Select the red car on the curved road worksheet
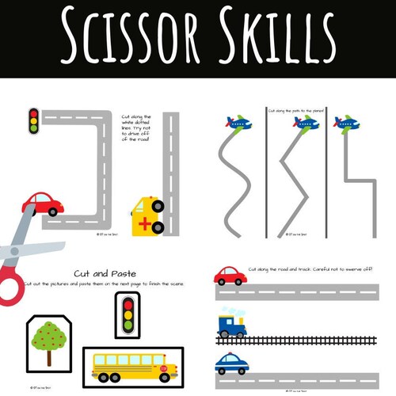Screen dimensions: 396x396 pos(43,204)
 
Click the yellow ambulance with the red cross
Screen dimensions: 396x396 pos(148,215)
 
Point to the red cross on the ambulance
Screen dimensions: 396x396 pos(143,224)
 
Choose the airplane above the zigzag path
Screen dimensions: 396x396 pos(305,123)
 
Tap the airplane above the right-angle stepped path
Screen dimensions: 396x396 pos(346,123)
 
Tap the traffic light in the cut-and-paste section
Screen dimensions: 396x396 pos(127,313)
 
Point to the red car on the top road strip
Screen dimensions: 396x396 pos(230,276)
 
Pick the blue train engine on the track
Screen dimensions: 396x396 pos(232,322)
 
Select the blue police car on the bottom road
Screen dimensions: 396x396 pos(230,364)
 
